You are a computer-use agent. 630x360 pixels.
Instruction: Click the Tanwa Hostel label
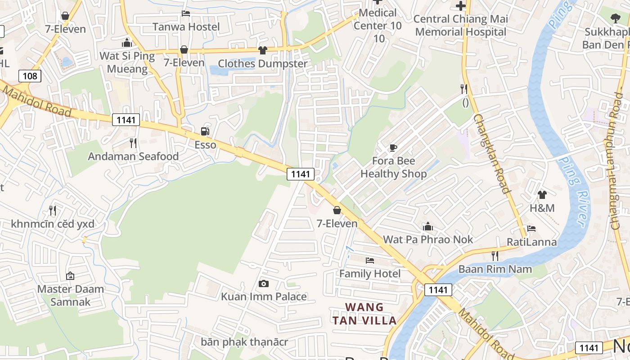point(186,27)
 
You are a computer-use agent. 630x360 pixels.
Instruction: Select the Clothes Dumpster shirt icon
point(262,50)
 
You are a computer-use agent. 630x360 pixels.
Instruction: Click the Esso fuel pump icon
point(205,131)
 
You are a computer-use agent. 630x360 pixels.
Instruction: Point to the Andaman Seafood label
point(133,157)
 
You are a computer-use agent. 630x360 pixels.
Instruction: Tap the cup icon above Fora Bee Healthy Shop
point(393,148)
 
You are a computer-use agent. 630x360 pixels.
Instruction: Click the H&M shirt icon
point(542,195)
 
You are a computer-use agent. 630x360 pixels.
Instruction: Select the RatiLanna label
point(531,242)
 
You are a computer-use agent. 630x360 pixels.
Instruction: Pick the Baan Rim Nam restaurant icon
point(495,256)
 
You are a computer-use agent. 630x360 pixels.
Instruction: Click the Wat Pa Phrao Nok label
point(428,239)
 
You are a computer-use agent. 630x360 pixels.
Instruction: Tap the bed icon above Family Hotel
point(369,261)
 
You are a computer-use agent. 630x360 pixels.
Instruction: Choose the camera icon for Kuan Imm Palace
point(264,283)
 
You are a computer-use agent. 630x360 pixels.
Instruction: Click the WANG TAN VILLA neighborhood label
point(364,314)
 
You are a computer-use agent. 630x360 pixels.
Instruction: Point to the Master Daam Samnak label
point(70,295)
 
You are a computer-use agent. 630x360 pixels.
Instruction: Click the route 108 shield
point(30,76)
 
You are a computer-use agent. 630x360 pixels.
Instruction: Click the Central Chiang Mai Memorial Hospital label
point(461,26)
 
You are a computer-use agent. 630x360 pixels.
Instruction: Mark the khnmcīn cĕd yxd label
point(53,224)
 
